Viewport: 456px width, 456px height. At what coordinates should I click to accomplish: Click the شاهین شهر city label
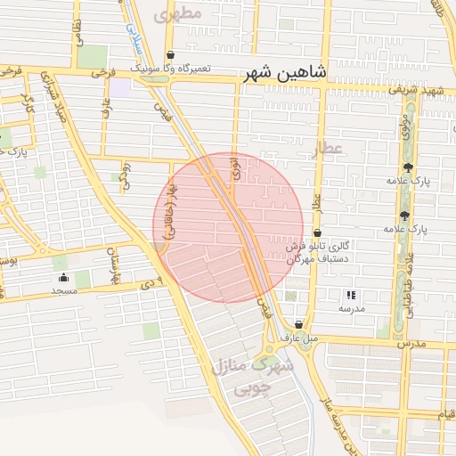point(285,72)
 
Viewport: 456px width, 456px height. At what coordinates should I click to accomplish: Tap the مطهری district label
point(178,13)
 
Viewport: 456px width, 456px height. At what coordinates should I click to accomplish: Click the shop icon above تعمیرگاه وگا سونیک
point(170,54)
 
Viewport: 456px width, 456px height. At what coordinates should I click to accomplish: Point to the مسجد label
point(63,290)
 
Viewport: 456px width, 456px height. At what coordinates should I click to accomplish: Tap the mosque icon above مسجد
point(63,277)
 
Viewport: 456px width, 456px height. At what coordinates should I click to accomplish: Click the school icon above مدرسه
point(350,295)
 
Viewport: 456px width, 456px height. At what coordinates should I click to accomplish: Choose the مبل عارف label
point(297,338)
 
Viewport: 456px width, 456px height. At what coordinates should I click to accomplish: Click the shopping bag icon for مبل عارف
point(298,325)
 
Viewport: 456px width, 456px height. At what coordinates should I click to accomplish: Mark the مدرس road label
point(411,343)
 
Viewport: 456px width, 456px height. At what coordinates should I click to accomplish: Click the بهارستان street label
point(114,268)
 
